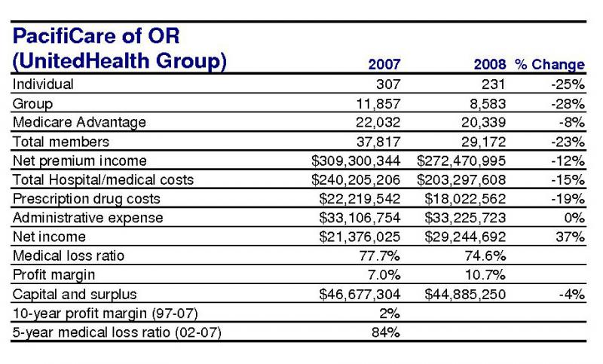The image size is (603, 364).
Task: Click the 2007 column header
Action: [384, 64]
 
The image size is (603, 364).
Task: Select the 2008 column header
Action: [489, 64]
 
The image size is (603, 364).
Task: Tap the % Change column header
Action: [550, 64]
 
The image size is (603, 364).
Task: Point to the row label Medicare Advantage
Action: [79, 122]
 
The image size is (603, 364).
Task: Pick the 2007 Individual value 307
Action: [388, 84]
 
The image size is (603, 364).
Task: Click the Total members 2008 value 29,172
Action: [483, 142]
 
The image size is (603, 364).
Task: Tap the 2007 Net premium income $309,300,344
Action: [356, 161]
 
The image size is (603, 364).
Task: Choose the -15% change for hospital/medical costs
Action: [568, 180]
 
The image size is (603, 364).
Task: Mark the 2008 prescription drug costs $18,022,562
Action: [465, 199]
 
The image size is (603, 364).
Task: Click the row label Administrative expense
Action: [87, 218]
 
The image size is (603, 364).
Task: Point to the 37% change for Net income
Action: [570, 237]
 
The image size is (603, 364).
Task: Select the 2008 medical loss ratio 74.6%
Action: [485, 256]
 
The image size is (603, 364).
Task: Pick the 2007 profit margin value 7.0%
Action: [384, 275]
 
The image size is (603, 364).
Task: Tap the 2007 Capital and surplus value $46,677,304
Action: [360, 295]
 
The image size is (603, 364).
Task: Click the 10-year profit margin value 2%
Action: [390, 314]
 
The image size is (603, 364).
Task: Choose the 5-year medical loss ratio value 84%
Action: [386, 332]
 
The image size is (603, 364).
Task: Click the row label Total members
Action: [61, 142]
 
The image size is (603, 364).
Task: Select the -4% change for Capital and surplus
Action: [571, 295]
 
